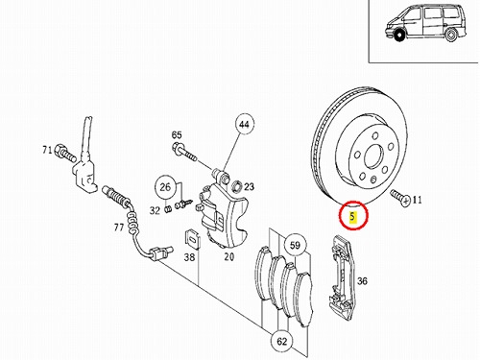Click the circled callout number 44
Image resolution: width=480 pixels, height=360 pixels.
(244, 125)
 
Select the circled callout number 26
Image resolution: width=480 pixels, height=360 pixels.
(165, 187)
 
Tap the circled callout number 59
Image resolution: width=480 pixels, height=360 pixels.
(295, 246)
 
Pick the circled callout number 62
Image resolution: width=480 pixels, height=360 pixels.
(281, 342)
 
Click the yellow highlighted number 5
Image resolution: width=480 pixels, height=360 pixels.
(352, 217)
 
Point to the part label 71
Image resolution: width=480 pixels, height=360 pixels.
(47, 150)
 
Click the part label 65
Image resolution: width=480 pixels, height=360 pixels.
(177, 135)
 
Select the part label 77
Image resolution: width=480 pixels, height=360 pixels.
(119, 228)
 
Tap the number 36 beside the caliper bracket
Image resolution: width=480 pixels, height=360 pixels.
(362, 281)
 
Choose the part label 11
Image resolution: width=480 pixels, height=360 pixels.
(417, 201)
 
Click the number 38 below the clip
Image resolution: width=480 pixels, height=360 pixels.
(189, 256)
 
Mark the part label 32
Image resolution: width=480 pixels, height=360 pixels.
(155, 210)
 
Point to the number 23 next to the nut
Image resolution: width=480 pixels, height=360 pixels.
(249, 186)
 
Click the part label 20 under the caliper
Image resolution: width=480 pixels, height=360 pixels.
(229, 256)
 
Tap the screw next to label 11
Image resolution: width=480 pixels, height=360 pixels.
(400, 197)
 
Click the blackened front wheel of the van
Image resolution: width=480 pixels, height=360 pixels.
(398, 36)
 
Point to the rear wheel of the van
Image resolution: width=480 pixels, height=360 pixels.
(451, 36)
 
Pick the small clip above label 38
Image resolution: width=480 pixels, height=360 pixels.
(192, 239)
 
